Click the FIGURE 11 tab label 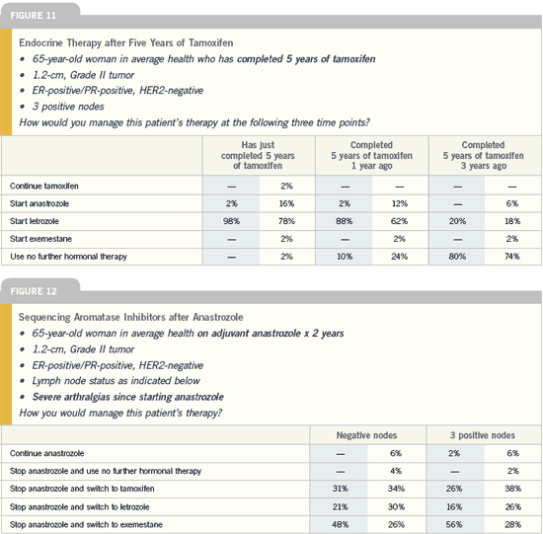[x=33, y=16]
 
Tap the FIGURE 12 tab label [x=34, y=291]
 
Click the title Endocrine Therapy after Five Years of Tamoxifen [x=126, y=42]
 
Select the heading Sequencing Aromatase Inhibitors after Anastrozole [x=131, y=317]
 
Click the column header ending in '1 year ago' [x=371, y=155]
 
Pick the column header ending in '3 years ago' [x=483, y=155]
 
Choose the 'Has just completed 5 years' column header [x=258, y=155]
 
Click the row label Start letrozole [x=35, y=221]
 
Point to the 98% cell [x=231, y=221]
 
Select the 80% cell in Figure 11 [x=457, y=257]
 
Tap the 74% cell [x=511, y=257]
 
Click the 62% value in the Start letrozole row [x=399, y=221]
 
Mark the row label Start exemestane [x=40, y=239]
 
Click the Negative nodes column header [x=366, y=435]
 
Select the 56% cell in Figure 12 [x=454, y=524]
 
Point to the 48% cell [x=340, y=524]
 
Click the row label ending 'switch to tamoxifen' [x=82, y=489]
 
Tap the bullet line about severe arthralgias [x=127, y=397]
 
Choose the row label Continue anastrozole [x=46, y=453]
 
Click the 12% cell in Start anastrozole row [x=400, y=203]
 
